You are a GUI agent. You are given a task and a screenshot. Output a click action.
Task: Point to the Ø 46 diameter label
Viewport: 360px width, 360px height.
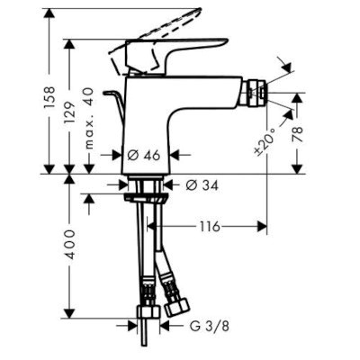[x=144, y=155]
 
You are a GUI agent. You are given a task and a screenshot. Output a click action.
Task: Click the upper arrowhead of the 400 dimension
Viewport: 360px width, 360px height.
[x=67, y=181]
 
